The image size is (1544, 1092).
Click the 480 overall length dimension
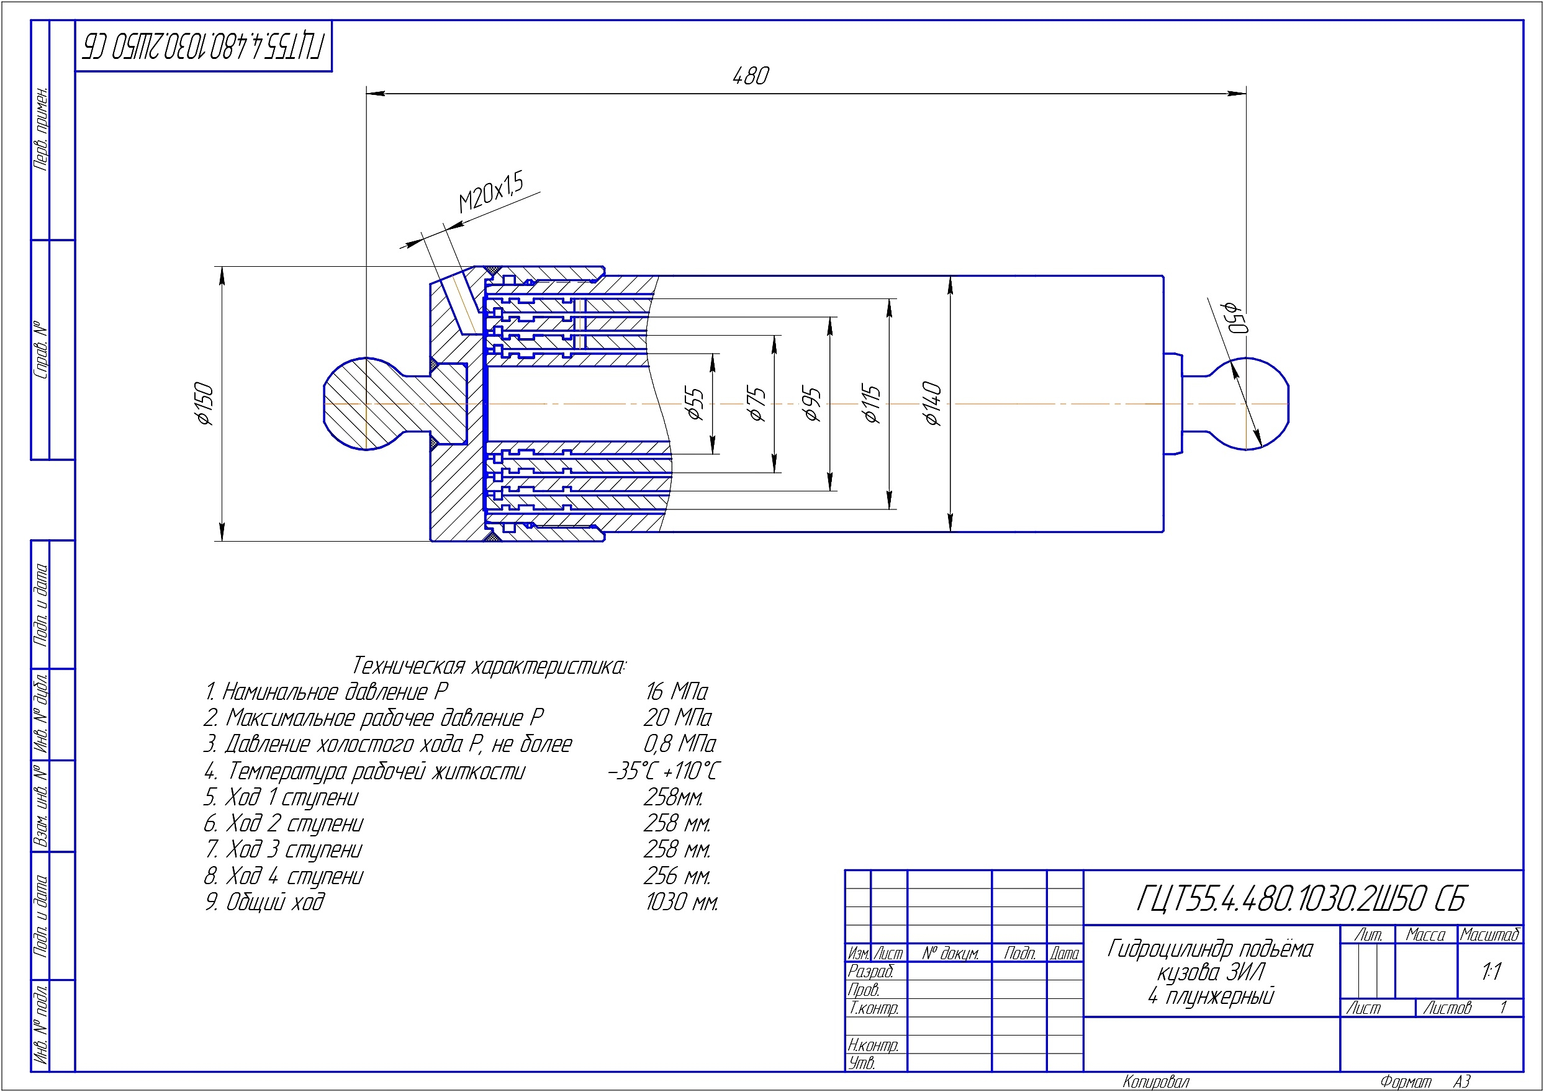(751, 76)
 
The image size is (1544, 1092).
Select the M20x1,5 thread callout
(490, 192)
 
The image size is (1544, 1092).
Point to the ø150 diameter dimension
(203, 403)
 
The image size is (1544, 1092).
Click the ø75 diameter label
(756, 403)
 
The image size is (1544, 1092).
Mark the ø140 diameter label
(932, 403)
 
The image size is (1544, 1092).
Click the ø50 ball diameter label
(1236, 316)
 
